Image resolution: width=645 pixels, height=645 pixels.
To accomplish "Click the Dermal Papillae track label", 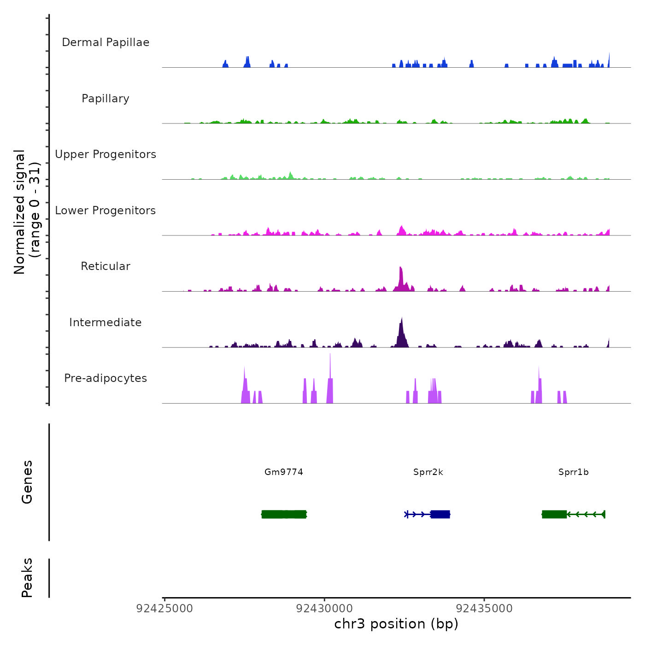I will pos(106,42).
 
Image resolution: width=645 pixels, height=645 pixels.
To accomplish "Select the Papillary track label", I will pos(106,99).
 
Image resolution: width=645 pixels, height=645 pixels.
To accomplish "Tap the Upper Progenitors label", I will pos(106,154).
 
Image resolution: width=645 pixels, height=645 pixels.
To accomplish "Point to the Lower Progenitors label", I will pos(106,211).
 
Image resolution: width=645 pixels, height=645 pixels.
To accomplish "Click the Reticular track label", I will pos(106,266).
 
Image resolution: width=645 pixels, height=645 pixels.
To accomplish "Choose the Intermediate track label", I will pos(106,322).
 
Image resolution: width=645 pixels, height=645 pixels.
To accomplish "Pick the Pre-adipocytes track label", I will pos(106,378).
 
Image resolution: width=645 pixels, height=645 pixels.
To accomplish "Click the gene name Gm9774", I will pos(284,472).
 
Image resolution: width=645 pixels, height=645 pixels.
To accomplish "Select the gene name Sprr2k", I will pos(428,472).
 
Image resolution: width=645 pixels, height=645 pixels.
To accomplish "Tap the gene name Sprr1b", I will pos(574,472).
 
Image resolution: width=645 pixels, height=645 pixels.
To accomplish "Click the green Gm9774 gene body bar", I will pos(284,514).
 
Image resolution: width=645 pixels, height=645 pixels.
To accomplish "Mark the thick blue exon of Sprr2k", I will pos(440,514).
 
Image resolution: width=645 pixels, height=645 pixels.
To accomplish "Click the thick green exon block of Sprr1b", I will pos(554,514).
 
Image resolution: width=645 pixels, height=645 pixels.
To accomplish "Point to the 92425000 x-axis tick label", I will pos(164,608).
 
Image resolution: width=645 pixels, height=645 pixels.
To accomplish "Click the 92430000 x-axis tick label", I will pos(324,608).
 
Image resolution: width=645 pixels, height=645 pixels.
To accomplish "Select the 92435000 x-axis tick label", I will pos(484,608).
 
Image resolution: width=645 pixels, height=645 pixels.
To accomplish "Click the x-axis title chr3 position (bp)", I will pos(396,624).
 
